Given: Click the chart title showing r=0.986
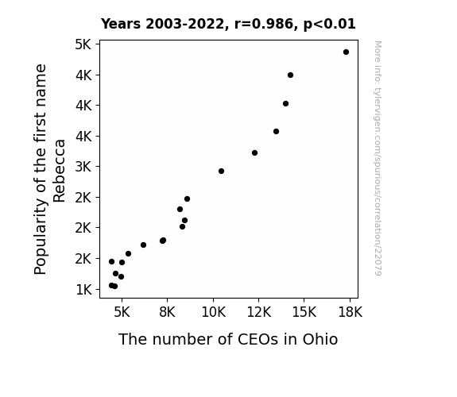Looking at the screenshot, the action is (228, 24).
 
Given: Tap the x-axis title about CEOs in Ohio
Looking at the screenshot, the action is (228, 339).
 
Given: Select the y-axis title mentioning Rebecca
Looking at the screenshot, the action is (49, 169).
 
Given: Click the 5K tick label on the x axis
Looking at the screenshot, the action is (122, 312).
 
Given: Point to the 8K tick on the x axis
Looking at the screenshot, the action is (167, 312).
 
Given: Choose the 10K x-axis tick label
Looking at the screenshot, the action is (213, 312).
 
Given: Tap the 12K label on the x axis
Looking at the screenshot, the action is (259, 312).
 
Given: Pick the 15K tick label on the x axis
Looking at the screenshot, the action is (304, 312).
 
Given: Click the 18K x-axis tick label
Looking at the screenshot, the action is (350, 312).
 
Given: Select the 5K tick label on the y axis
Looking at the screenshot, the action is (83, 44).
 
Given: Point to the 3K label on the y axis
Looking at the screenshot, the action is (83, 167).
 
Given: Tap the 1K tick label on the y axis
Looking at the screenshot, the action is (83, 290).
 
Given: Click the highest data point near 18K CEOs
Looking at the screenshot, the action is (346, 52).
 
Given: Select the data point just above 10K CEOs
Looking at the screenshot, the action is (221, 171).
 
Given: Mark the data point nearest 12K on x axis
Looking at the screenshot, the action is (254, 153).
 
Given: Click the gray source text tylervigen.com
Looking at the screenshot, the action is (378, 158).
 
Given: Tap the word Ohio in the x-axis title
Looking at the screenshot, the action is (320, 339).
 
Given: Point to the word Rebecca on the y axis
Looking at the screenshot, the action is (59, 171).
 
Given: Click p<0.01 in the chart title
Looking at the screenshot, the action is (329, 24).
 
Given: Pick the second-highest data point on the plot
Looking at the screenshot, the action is (290, 75).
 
